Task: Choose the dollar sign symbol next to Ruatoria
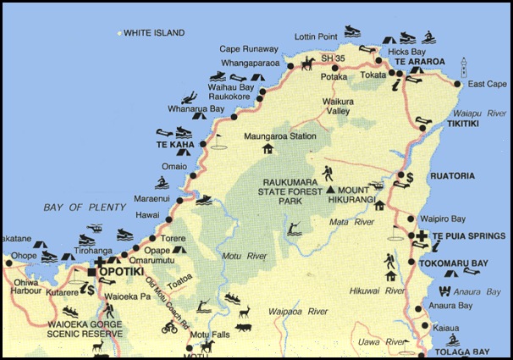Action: point(409,177)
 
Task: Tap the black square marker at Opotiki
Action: point(91,272)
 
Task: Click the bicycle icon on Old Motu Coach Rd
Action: point(170,328)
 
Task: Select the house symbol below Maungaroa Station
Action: point(268,149)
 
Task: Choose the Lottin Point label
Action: point(316,37)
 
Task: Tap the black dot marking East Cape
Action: point(457,84)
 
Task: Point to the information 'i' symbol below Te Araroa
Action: point(395,85)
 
